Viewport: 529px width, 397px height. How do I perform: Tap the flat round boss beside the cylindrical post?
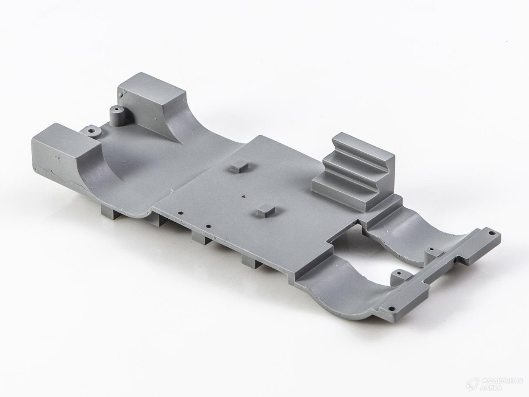pyautogui.click(x=92, y=131)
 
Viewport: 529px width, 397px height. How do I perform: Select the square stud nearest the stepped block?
pyautogui.click(x=239, y=167)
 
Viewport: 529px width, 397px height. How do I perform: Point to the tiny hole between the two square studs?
pyautogui.click(x=244, y=190)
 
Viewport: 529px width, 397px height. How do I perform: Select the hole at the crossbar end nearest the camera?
pyautogui.click(x=391, y=308)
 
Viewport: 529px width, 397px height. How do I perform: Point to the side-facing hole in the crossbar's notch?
pyautogui.click(x=454, y=261)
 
